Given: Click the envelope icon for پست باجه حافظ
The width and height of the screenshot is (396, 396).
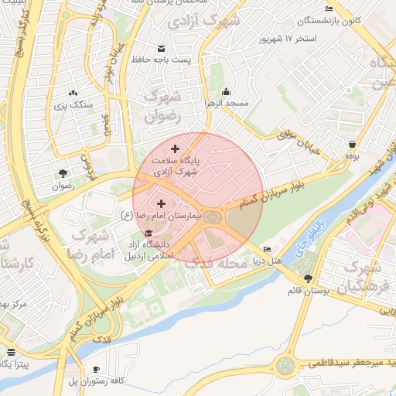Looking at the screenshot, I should [x=161, y=48].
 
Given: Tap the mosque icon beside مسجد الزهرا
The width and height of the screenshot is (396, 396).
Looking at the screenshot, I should [x=225, y=92].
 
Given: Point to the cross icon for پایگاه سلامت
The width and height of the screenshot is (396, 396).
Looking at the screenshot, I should [x=175, y=148].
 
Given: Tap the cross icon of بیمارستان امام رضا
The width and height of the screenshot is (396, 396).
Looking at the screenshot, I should [x=161, y=203].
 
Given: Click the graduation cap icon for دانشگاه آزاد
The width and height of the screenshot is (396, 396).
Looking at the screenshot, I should [x=148, y=234].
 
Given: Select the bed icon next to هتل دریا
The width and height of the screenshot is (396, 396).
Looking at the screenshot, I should [x=267, y=249].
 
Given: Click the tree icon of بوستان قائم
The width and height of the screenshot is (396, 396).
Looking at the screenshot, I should [x=309, y=278].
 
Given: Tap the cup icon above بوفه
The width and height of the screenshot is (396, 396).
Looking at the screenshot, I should [x=353, y=144].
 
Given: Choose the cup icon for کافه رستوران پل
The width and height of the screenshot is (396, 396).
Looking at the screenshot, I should [x=96, y=369].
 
